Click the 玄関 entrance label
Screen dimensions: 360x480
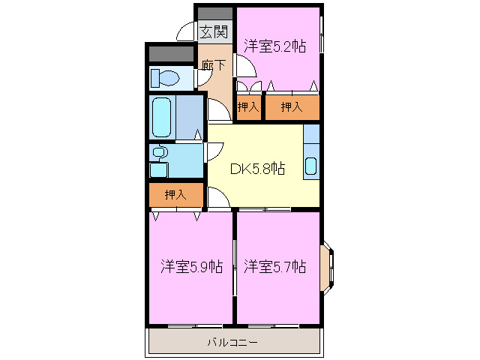pos(214,31)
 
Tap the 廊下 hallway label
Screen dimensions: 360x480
pos(214,65)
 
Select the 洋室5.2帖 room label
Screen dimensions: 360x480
pos(274,46)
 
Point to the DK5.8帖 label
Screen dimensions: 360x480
pos(256,169)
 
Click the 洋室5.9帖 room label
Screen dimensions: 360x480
pos(190,266)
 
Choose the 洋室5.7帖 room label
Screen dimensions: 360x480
pos(275,266)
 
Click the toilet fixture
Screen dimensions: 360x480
pos(165,77)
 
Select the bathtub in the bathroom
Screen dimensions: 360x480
pos(163,117)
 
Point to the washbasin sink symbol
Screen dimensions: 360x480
pos(158,152)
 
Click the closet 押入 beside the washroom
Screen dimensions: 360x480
pos(175,196)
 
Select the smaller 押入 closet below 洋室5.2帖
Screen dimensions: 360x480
pos(248,108)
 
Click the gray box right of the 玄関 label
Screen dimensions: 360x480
pos(215,13)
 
